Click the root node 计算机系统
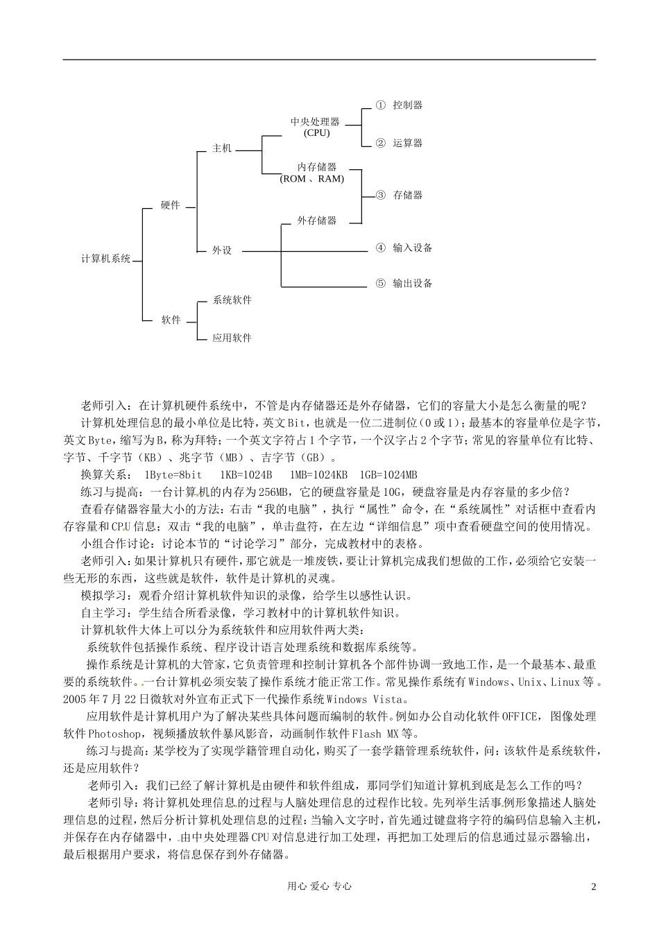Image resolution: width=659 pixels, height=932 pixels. click(105, 259)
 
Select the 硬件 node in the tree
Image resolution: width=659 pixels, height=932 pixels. click(170, 205)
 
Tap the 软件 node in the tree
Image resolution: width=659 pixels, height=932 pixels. click(171, 320)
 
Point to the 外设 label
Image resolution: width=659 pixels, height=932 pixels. click(221, 250)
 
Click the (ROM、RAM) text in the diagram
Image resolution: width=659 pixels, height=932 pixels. click(312, 179)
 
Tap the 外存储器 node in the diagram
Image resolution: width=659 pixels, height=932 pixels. click(316, 221)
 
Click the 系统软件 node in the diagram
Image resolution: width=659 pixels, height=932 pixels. click(232, 300)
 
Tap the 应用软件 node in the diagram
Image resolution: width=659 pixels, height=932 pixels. click(232, 338)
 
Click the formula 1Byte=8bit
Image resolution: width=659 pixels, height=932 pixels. click(173, 475)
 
